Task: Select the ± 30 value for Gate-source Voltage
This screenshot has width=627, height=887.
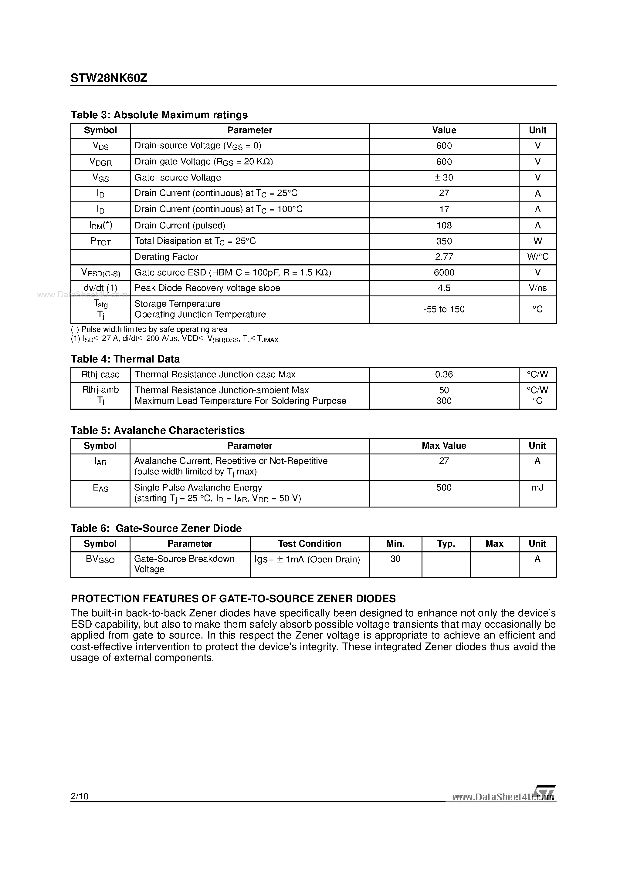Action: (x=444, y=178)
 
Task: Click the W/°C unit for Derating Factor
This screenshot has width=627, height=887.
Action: (x=537, y=257)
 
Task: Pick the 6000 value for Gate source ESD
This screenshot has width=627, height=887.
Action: (x=444, y=273)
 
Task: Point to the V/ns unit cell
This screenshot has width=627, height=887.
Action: (x=537, y=288)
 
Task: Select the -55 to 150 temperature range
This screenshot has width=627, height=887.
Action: (x=444, y=309)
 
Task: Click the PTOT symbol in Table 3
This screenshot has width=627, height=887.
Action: (x=100, y=241)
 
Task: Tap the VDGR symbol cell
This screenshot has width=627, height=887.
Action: (x=100, y=162)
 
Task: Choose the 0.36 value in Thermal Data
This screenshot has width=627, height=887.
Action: (x=444, y=375)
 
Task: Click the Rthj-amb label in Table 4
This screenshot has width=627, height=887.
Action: (x=100, y=390)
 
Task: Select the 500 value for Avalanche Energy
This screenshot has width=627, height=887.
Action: (x=444, y=487)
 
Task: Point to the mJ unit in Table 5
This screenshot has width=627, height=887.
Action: (x=537, y=487)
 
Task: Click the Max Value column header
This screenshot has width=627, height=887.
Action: (x=444, y=446)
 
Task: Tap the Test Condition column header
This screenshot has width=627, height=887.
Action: (x=309, y=544)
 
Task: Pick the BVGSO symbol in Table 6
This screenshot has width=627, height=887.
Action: (x=100, y=559)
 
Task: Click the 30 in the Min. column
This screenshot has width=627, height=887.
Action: (x=395, y=559)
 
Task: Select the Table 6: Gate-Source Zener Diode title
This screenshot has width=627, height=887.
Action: (x=156, y=528)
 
